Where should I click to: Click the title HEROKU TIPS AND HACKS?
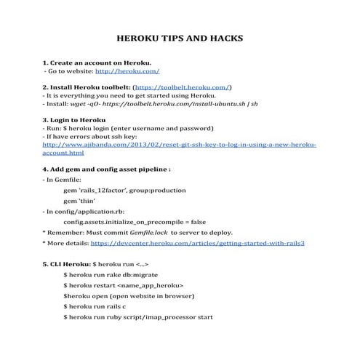pyautogui.click(x=180, y=37)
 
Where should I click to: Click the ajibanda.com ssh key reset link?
pyautogui.click(x=180, y=145)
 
